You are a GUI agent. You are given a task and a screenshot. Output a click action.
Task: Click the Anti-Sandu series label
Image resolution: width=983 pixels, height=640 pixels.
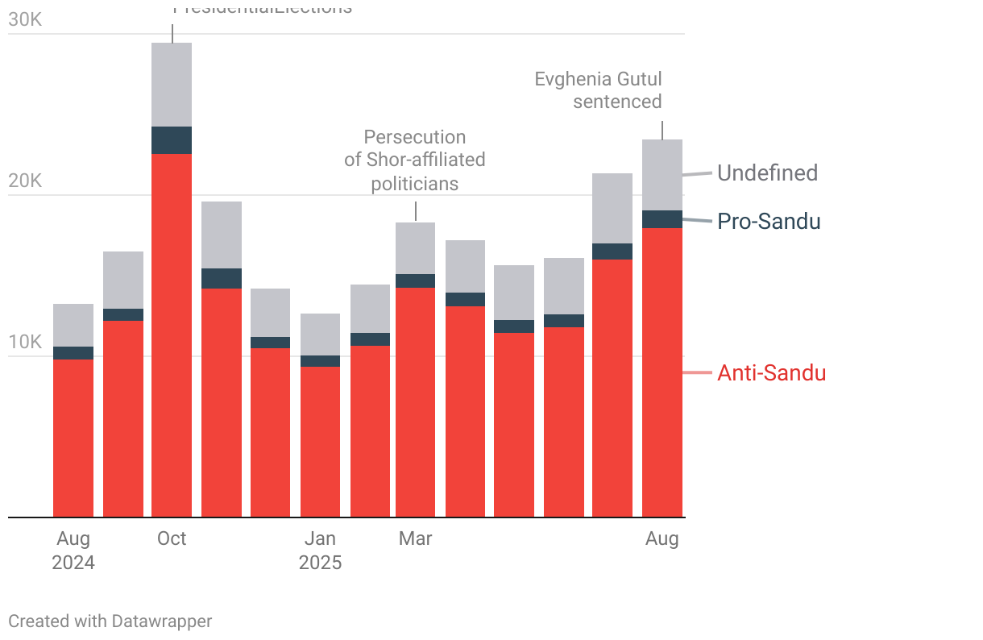coord(771,372)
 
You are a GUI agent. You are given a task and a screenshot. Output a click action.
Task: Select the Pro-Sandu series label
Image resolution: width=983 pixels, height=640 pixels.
coord(769,221)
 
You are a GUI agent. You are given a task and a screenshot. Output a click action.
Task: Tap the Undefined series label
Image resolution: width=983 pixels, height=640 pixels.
coord(767,172)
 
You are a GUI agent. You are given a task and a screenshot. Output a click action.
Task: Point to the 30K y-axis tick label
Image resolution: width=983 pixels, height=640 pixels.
coord(25,19)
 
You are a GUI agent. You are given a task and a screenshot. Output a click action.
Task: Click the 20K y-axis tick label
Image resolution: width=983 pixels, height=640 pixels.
coord(25,181)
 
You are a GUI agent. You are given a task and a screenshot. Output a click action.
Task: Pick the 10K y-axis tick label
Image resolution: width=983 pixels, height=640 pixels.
coord(25,342)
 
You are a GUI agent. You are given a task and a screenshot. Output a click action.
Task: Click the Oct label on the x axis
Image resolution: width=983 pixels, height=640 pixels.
coord(172,538)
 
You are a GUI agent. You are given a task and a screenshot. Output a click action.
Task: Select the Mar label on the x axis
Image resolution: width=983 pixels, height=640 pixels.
coord(416,538)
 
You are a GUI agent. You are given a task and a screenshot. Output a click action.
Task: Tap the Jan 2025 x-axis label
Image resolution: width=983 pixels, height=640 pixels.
coord(320,551)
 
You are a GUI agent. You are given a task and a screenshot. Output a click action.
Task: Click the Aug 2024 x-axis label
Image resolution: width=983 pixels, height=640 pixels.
coord(73,551)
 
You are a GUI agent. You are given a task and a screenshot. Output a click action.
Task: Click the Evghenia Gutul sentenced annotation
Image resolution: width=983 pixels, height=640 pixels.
coord(599,90)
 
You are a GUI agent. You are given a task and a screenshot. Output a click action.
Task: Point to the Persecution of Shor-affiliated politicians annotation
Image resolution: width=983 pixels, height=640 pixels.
coord(415,160)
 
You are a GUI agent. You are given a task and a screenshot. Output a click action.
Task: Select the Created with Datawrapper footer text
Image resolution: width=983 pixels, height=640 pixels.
coord(110,621)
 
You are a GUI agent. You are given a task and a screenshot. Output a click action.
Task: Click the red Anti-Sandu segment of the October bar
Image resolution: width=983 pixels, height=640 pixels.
coord(172,335)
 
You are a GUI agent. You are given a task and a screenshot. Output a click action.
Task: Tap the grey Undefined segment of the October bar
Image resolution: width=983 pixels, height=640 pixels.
coord(172,85)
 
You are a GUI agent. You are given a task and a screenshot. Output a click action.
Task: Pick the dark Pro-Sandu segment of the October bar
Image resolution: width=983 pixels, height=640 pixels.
coord(172,140)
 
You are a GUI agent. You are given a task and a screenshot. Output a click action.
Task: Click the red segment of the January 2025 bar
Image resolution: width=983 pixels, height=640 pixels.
coord(320,442)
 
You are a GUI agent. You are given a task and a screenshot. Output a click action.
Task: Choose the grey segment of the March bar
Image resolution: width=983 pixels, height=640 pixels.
coord(416,248)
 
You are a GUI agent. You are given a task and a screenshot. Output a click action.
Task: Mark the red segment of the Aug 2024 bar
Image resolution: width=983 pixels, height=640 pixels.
coord(73,438)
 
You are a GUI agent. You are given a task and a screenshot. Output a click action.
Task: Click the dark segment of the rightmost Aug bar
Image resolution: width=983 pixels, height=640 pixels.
coord(662,219)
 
